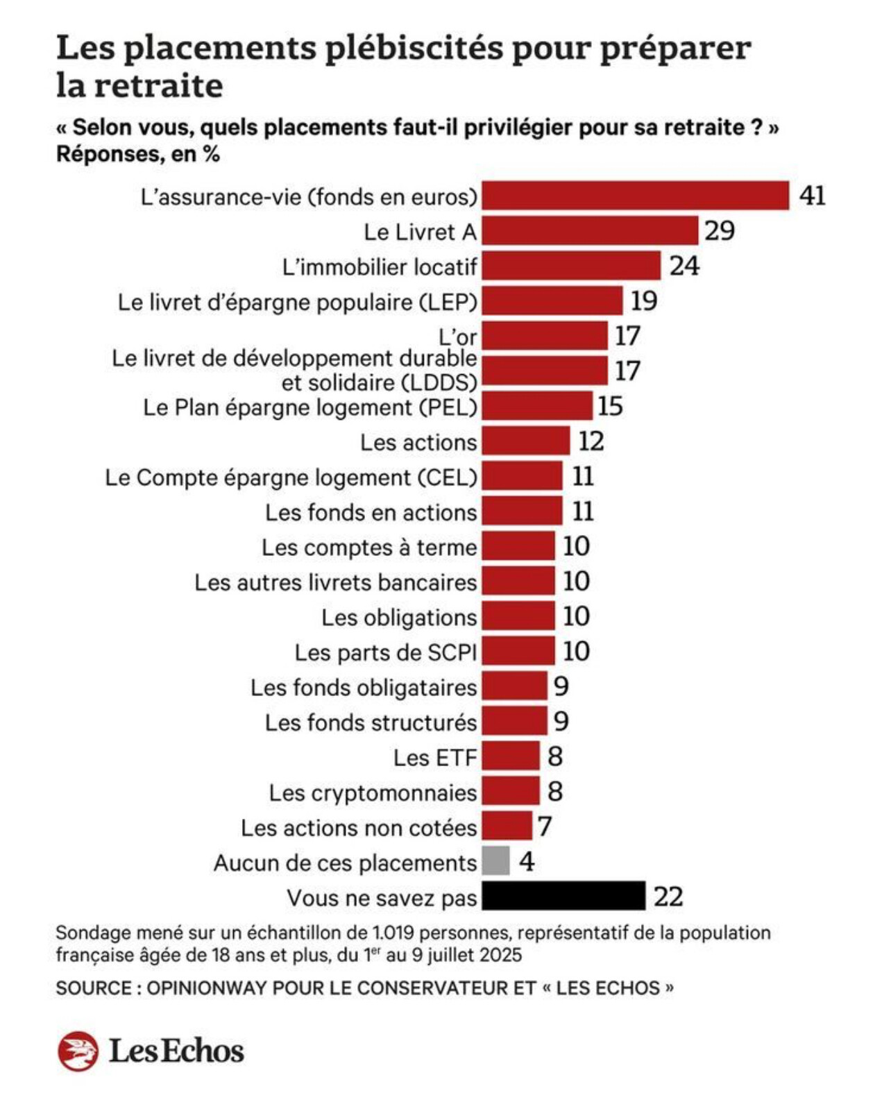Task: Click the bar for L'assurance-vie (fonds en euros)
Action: coord(635,196)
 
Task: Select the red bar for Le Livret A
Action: coord(590,230)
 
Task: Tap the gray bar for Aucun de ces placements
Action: coord(495,861)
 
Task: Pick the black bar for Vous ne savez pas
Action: coord(563,896)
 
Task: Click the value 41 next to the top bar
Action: coord(812,196)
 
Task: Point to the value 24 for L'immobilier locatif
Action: coord(684,266)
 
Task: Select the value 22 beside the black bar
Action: coord(668,897)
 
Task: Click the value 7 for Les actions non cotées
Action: coord(545,827)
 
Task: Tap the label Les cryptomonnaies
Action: coord(373,793)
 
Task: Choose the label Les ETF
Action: coord(435,757)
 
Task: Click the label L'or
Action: coord(458,337)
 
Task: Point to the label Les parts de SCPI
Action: coord(386,652)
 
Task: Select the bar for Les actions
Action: coord(525,441)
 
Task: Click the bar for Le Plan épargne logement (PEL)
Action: coord(537,406)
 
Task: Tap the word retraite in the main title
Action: coord(158,85)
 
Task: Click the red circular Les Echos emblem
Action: coord(78,1051)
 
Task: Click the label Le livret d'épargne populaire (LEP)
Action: coord(297,302)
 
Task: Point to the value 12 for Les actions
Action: coord(591,441)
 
